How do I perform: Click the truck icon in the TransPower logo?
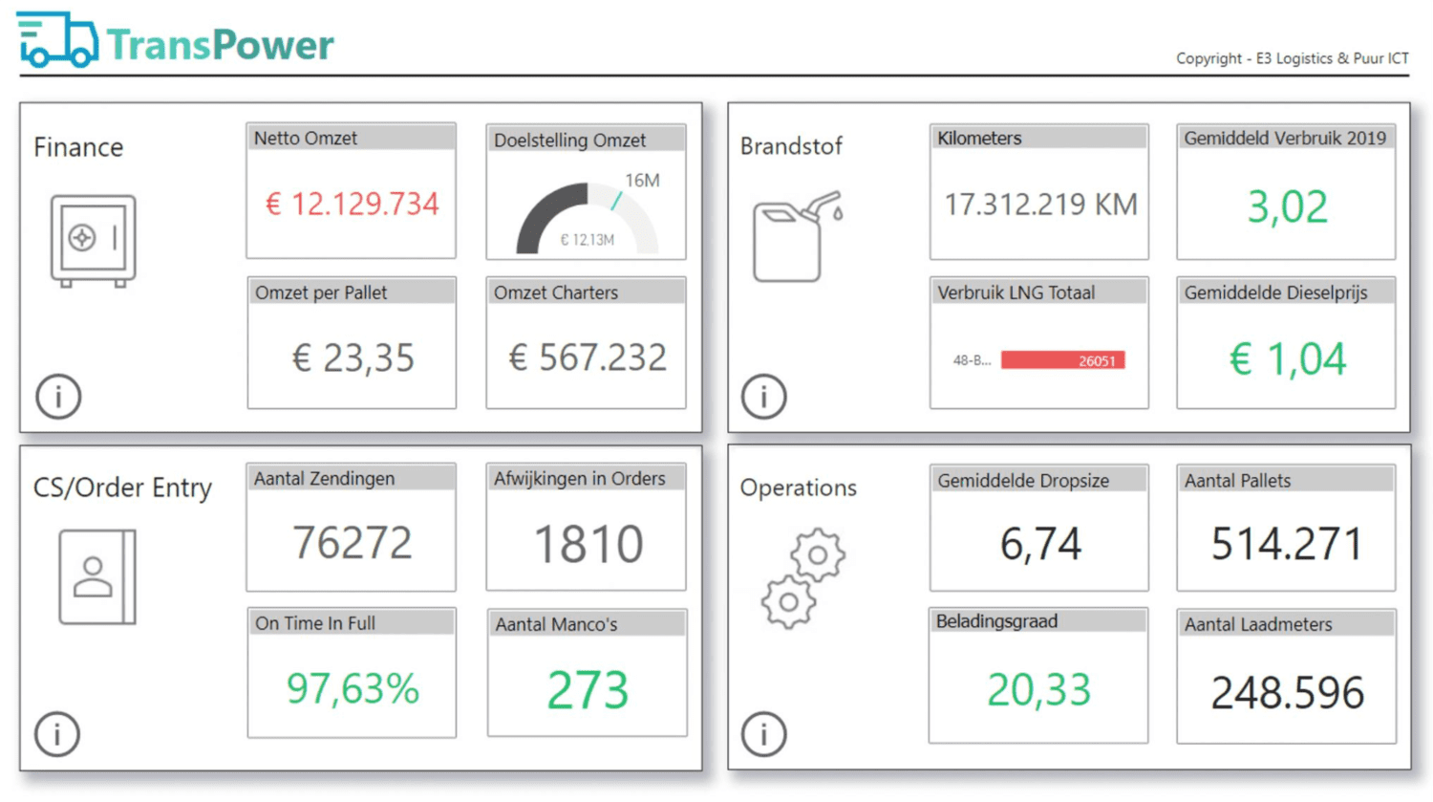(x=57, y=40)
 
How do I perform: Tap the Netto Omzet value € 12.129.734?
(x=353, y=205)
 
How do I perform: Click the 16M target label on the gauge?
(x=642, y=181)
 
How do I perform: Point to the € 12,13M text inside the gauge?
(x=587, y=240)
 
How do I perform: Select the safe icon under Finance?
(x=94, y=241)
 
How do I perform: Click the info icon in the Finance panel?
(x=58, y=396)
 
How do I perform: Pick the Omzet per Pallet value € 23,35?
(x=353, y=358)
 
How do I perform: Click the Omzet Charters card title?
(x=556, y=293)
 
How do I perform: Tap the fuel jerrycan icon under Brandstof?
(x=798, y=236)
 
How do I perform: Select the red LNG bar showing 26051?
(x=1062, y=360)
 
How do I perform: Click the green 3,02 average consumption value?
(x=1287, y=206)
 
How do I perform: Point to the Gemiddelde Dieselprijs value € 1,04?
(x=1287, y=359)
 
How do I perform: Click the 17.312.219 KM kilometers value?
(x=1041, y=205)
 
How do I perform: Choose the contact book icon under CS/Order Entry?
(x=97, y=576)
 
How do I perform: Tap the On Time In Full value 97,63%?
(x=353, y=689)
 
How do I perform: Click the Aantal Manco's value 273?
(x=588, y=690)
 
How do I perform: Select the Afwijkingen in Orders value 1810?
(x=588, y=544)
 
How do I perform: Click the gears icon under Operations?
(x=802, y=578)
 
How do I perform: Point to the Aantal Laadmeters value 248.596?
(x=1287, y=692)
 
